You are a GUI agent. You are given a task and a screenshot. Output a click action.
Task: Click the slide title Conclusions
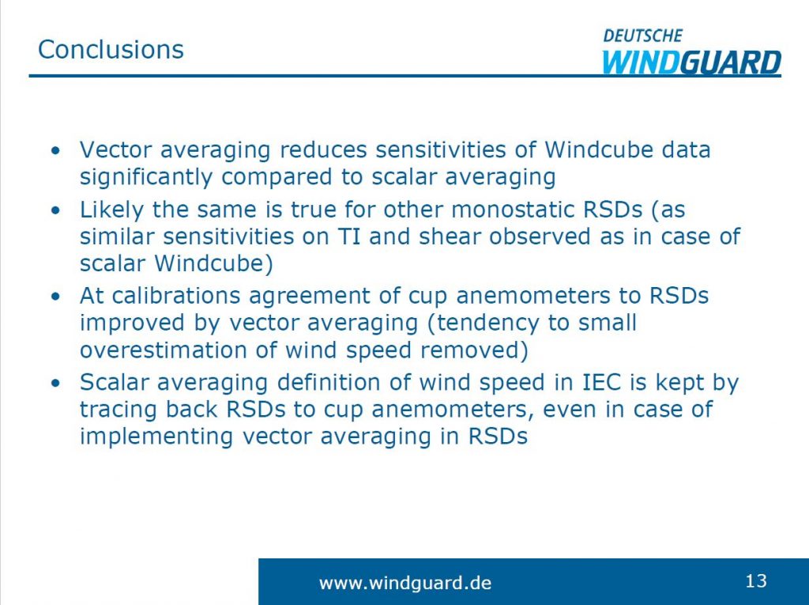111,49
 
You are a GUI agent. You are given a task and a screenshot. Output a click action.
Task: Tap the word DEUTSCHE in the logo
642,36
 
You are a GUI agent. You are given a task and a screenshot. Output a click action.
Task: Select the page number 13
755,581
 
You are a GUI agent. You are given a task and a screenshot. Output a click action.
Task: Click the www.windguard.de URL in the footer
404,584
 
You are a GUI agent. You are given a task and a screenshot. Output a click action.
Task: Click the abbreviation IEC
603,383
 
